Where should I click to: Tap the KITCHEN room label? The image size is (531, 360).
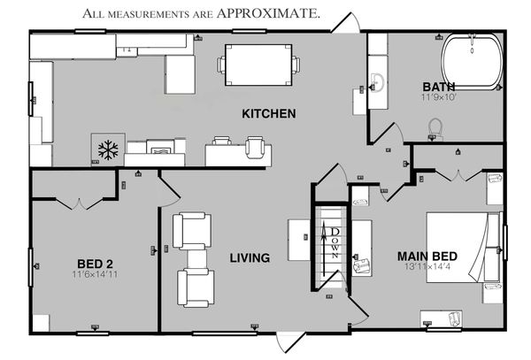point(268,113)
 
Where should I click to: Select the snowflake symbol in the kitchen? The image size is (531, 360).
point(107,149)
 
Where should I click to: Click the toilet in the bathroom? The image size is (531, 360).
point(434,129)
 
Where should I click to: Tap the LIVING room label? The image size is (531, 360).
point(250,258)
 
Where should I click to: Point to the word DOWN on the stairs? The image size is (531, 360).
point(335,241)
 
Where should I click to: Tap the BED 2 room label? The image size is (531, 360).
point(95,263)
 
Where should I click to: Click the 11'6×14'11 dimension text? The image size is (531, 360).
point(95,274)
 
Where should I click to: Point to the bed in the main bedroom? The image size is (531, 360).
point(464,248)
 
